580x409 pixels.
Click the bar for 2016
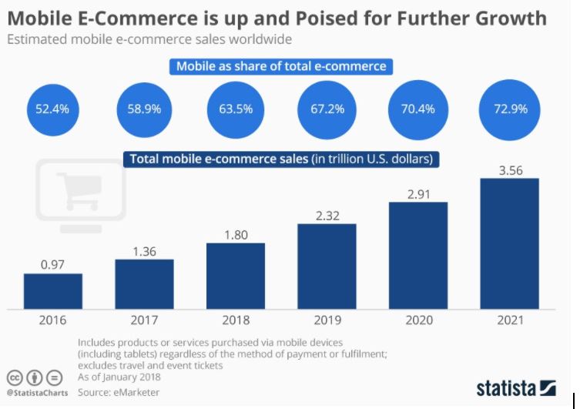pos(52,290)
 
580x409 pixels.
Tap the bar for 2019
pos(326,266)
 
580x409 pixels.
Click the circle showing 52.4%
pos(52,109)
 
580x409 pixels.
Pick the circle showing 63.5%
pos(235,109)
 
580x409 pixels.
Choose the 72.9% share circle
pos(511,109)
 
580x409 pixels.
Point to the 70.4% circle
pos(417,109)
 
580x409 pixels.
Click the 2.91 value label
pos(417,194)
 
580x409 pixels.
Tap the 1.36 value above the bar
pos(144,250)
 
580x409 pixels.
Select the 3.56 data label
pos(508,170)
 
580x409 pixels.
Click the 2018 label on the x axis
pos(235,320)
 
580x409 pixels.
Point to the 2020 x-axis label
pos(417,320)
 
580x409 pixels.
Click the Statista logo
pos(515,387)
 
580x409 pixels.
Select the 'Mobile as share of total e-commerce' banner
pos(281,66)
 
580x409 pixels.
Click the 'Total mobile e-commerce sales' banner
pos(281,159)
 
